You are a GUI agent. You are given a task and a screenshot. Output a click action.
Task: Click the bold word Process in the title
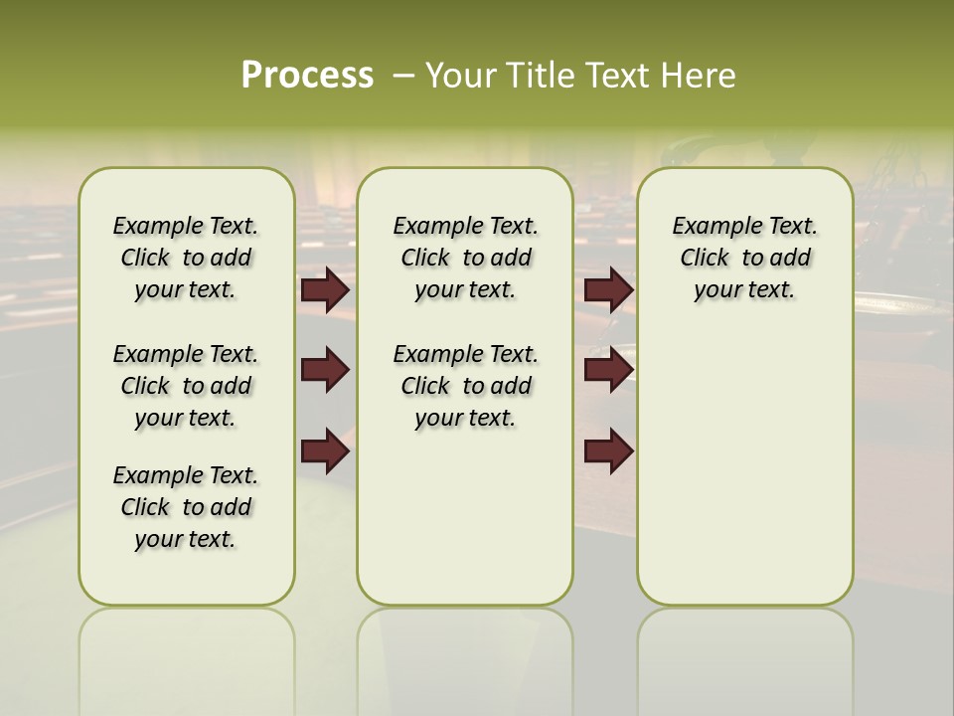pos(307,76)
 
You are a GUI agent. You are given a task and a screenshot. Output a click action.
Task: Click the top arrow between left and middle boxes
pos(325,290)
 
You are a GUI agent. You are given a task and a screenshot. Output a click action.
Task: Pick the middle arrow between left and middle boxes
pos(325,371)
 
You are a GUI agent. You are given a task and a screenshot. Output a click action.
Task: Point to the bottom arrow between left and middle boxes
pos(325,450)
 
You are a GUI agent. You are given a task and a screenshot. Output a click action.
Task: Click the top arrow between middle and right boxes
pos(608,290)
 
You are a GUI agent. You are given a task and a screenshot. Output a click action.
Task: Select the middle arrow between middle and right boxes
pos(608,371)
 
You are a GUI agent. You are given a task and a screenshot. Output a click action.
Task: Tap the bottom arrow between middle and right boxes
pos(608,450)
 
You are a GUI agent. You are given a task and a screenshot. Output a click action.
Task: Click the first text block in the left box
pos(186,259)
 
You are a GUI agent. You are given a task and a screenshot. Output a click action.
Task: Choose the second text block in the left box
pos(186,386)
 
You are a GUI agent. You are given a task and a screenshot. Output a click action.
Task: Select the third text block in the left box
pos(186,507)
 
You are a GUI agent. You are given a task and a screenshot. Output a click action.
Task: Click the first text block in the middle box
pos(465,259)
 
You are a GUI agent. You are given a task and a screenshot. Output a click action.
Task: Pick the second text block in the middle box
pos(465,386)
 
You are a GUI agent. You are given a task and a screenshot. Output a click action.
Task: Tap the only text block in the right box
pos(744,259)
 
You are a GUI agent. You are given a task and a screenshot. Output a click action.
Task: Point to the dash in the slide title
pos(403,76)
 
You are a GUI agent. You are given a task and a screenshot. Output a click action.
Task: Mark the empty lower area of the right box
pos(744,467)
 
